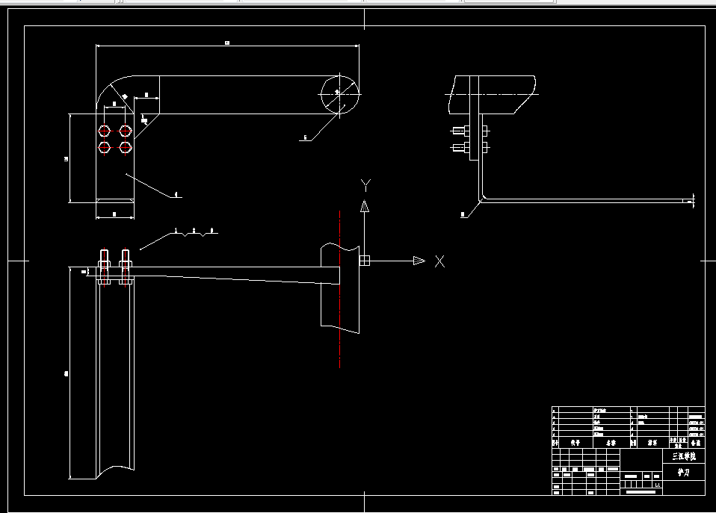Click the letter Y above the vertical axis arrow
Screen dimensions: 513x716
(x=365, y=184)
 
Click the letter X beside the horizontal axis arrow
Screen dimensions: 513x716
(x=439, y=261)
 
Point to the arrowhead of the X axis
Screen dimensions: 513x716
(x=419, y=261)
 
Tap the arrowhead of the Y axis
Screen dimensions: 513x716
(x=365, y=205)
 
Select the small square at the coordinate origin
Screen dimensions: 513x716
(x=364, y=261)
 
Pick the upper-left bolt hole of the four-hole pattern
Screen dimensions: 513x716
(x=105, y=131)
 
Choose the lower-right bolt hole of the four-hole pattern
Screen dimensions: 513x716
(x=126, y=146)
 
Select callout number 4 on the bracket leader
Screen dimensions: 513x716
(x=176, y=195)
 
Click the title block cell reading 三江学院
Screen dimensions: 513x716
(x=683, y=456)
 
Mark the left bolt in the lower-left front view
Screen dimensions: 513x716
(x=103, y=268)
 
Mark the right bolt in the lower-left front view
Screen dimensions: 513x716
(x=125, y=268)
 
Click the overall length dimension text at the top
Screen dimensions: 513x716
(x=226, y=43)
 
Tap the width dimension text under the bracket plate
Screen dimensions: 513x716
(x=114, y=214)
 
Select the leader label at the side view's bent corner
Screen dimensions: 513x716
(x=463, y=214)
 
